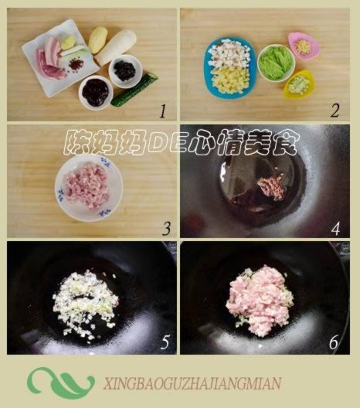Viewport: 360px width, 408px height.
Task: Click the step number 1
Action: (x=163, y=111)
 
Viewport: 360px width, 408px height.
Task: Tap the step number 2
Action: (x=335, y=110)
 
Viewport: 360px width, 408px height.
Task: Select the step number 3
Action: (x=166, y=229)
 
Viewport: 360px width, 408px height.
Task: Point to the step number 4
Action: (x=335, y=229)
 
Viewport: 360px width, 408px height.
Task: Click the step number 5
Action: (x=165, y=342)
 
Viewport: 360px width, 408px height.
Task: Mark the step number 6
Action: (x=335, y=342)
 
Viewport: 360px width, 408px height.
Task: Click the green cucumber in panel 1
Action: (x=134, y=90)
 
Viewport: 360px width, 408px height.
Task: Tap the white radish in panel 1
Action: (x=115, y=48)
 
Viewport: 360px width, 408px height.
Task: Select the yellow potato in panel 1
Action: (x=98, y=41)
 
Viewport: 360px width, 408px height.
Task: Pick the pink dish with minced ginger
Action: (x=304, y=46)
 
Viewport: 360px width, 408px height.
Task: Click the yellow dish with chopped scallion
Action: (x=300, y=84)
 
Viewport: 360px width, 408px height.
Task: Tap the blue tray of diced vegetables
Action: (x=230, y=68)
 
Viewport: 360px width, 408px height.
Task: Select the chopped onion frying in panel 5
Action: (x=85, y=303)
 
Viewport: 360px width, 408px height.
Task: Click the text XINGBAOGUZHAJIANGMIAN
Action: (x=192, y=383)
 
